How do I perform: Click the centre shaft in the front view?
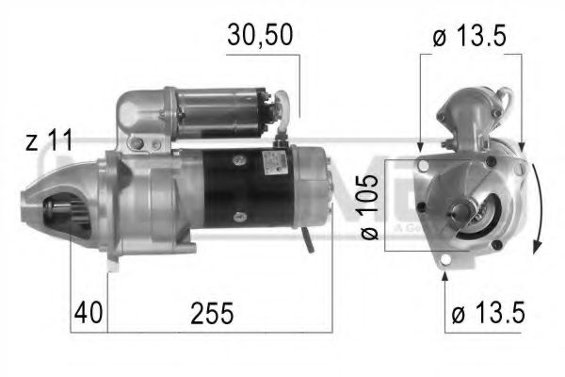tap(464, 210)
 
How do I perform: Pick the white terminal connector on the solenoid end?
tap(279, 98)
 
